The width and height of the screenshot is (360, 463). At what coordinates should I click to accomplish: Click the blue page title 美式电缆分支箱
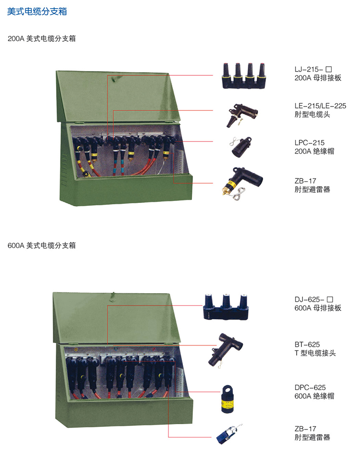click(37, 12)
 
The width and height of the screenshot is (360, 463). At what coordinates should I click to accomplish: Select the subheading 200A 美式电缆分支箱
click(42, 39)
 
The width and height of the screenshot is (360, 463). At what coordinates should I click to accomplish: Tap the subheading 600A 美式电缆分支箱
click(42, 245)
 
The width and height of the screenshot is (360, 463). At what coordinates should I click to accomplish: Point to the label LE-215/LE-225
click(321, 106)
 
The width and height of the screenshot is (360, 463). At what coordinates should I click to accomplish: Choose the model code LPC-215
click(310, 142)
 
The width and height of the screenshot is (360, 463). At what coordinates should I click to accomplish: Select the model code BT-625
click(307, 344)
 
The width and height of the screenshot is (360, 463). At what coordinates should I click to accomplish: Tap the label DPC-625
click(310, 387)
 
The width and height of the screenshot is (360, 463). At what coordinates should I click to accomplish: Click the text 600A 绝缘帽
click(314, 396)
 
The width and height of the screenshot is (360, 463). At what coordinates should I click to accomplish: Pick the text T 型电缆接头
click(315, 353)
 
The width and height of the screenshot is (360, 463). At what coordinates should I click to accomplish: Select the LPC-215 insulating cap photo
click(240, 147)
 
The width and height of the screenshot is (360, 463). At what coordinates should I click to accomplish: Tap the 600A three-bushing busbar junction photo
click(226, 307)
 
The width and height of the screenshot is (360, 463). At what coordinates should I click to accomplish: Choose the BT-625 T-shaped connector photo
click(225, 350)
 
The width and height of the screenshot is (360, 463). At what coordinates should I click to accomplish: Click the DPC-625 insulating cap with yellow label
click(228, 399)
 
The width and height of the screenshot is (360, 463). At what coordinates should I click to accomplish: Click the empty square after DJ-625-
click(330, 299)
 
